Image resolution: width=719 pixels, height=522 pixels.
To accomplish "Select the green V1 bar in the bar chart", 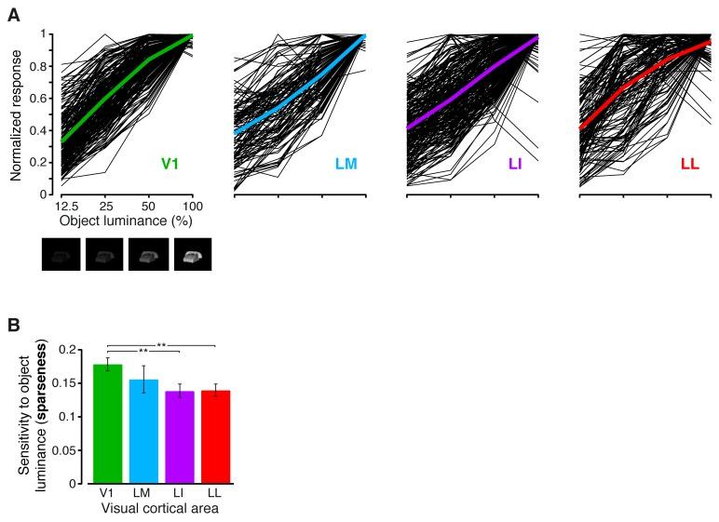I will (x=109, y=423).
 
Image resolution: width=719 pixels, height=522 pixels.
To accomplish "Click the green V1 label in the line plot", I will (x=170, y=164).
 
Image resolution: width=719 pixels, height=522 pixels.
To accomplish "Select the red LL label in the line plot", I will (x=690, y=164).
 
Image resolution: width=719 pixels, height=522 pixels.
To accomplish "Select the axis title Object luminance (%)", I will (x=128, y=221).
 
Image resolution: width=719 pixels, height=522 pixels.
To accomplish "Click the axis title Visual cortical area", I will (x=161, y=509).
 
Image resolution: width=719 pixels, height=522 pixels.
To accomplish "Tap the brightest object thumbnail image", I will (x=194, y=254).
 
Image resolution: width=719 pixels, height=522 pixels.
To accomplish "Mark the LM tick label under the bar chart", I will (x=143, y=493).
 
